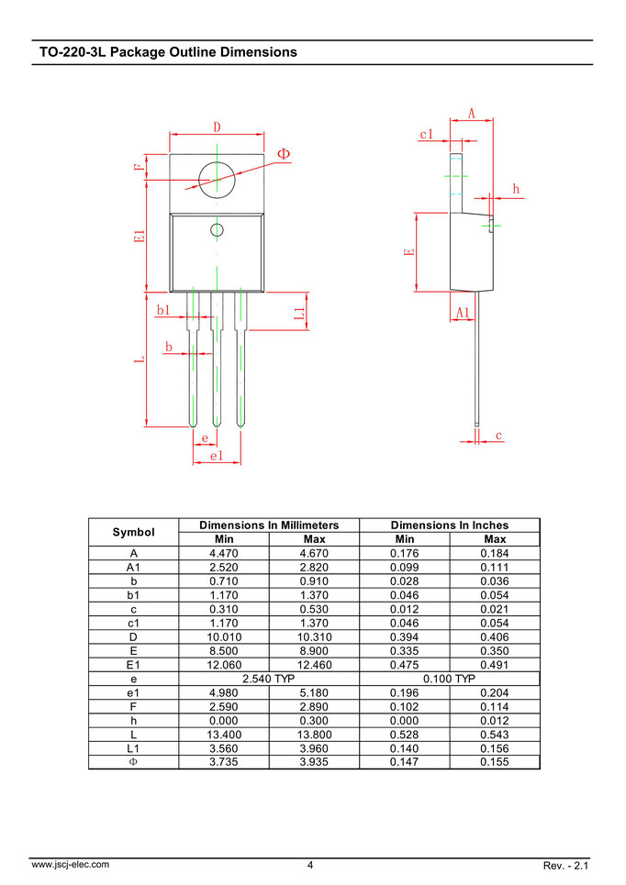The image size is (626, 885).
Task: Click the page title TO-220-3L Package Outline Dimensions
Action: tap(168, 52)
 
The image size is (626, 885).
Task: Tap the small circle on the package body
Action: tap(218, 229)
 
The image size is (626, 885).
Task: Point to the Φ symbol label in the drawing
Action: tap(283, 153)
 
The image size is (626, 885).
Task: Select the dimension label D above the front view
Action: tap(218, 127)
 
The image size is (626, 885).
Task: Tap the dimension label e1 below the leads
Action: tap(217, 456)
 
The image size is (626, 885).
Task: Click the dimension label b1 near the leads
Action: tap(163, 311)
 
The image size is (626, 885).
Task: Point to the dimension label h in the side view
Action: tap(516, 189)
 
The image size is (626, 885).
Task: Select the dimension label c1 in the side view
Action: tap(426, 134)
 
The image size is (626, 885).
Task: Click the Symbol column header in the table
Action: tap(133, 532)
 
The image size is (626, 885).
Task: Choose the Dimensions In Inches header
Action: tap(449, 525)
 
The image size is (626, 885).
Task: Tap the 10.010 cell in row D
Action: tap(224, 636)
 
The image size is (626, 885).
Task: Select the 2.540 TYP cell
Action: tap(268, 679)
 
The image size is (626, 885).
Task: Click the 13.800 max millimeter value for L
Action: tap(314, 735)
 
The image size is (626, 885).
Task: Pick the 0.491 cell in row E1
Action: tap(494, 665)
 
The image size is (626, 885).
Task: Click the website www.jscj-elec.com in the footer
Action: tap(71, 864)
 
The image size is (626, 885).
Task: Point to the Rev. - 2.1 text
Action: tap(566, 865)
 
